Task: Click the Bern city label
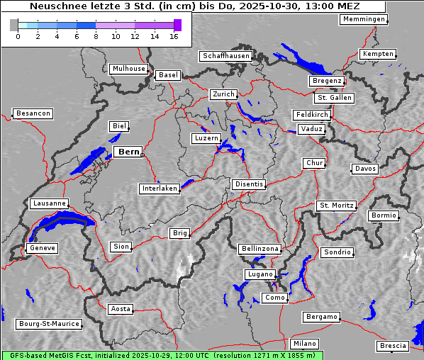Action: [x=128, y=152]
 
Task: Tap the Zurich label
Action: [x=223, y=94]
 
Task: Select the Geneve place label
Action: [x=42, y=248]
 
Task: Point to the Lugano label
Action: [x=260, y=274]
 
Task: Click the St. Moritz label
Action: [x=336, y=206]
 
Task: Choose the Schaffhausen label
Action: [x=225, y=55]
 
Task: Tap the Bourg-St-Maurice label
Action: [x=49, y=324]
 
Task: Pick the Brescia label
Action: [x=393, y=346]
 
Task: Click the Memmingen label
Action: [x=364, y=19]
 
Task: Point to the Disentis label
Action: [x=248, y=184]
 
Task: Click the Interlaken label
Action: [x=159, y=189]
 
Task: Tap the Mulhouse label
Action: [x=128, y=69]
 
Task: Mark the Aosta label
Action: [x=120, y=309]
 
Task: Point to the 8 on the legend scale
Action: [x=96, y=37]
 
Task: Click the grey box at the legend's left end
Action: [x=14, y=26]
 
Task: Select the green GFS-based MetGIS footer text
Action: [x=162, y=355]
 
